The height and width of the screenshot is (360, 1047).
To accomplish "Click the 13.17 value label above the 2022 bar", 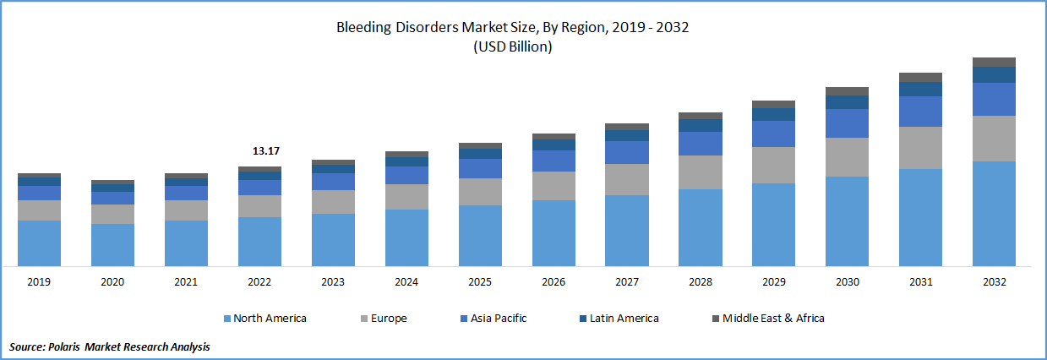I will point(265,151).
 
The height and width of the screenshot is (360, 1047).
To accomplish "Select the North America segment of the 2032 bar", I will point(994,213).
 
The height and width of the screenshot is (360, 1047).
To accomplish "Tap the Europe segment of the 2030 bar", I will point(847,156).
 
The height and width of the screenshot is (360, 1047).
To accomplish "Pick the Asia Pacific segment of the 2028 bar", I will point(700,144).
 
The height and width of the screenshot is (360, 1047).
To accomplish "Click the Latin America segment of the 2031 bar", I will point(920,89).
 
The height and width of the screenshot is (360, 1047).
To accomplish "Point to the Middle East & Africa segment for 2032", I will point(994,62).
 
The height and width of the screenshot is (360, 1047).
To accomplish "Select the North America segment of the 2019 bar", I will point(39,243).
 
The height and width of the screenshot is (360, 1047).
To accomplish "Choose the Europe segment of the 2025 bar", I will point(480,192).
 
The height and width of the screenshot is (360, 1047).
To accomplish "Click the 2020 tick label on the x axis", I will point(112,282).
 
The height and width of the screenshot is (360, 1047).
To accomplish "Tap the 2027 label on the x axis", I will point(626,282).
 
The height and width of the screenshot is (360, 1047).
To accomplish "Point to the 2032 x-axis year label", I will point(994,282).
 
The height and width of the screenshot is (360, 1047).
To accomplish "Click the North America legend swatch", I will point(227,319).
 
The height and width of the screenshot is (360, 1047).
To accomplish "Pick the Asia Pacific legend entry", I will point(496,319).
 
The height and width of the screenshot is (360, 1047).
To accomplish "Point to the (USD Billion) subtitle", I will point(513,47).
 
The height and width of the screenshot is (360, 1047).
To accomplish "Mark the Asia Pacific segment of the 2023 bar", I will point(333,182).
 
